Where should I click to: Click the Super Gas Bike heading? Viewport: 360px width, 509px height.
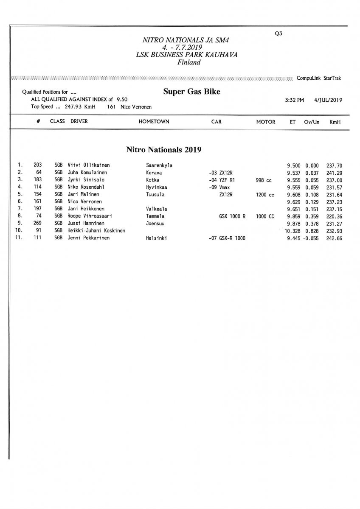coord(191,92)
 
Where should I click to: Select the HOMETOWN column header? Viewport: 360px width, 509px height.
coord(154,122)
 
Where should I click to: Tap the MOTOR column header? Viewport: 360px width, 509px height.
coord(266,122)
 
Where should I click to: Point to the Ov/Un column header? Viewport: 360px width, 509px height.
coord(312,122)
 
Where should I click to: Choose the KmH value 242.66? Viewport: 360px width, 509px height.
coord(334,238)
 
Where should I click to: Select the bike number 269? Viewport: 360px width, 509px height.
coord(37,224)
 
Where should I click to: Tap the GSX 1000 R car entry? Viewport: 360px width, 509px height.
coord(232,216)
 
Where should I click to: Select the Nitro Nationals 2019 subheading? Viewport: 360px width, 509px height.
coord(163,149)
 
